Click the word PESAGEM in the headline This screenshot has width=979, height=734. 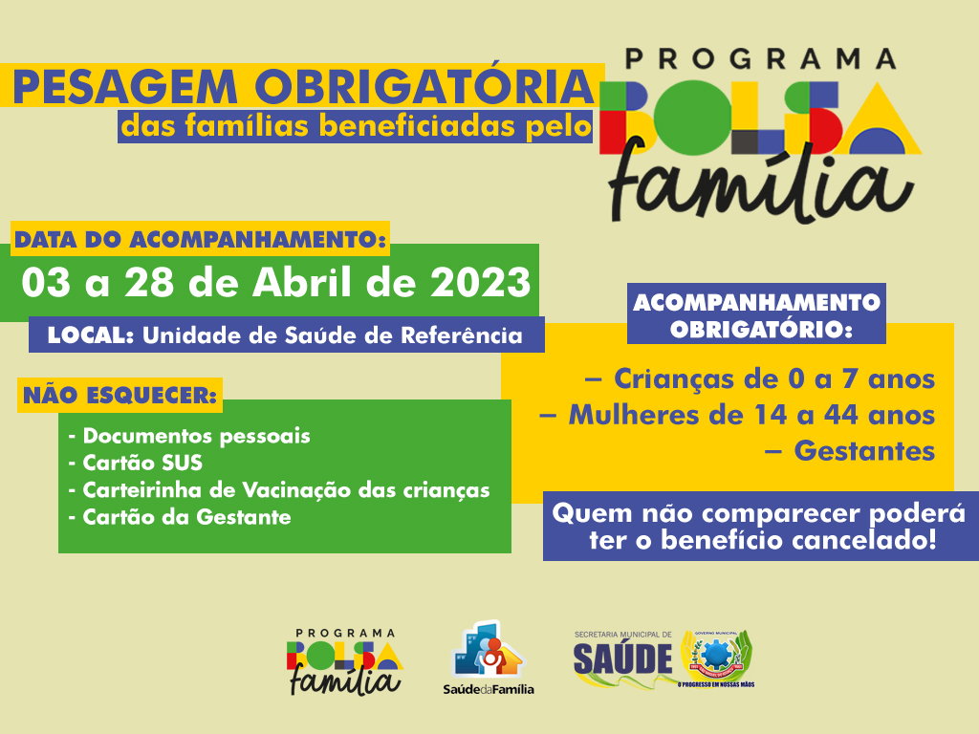[125, 87]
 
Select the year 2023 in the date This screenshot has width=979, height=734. [481, 283]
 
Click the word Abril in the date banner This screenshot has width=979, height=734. [302, 282]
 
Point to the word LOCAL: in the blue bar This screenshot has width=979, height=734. [91, 335]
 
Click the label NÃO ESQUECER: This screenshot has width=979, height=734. [120, 395]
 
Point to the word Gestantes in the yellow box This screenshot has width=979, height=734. [864, 451]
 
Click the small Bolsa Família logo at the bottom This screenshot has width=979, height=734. [344, 661]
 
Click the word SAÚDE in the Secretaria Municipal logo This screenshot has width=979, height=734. [622, 659]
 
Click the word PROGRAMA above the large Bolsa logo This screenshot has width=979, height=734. [760, 59]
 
